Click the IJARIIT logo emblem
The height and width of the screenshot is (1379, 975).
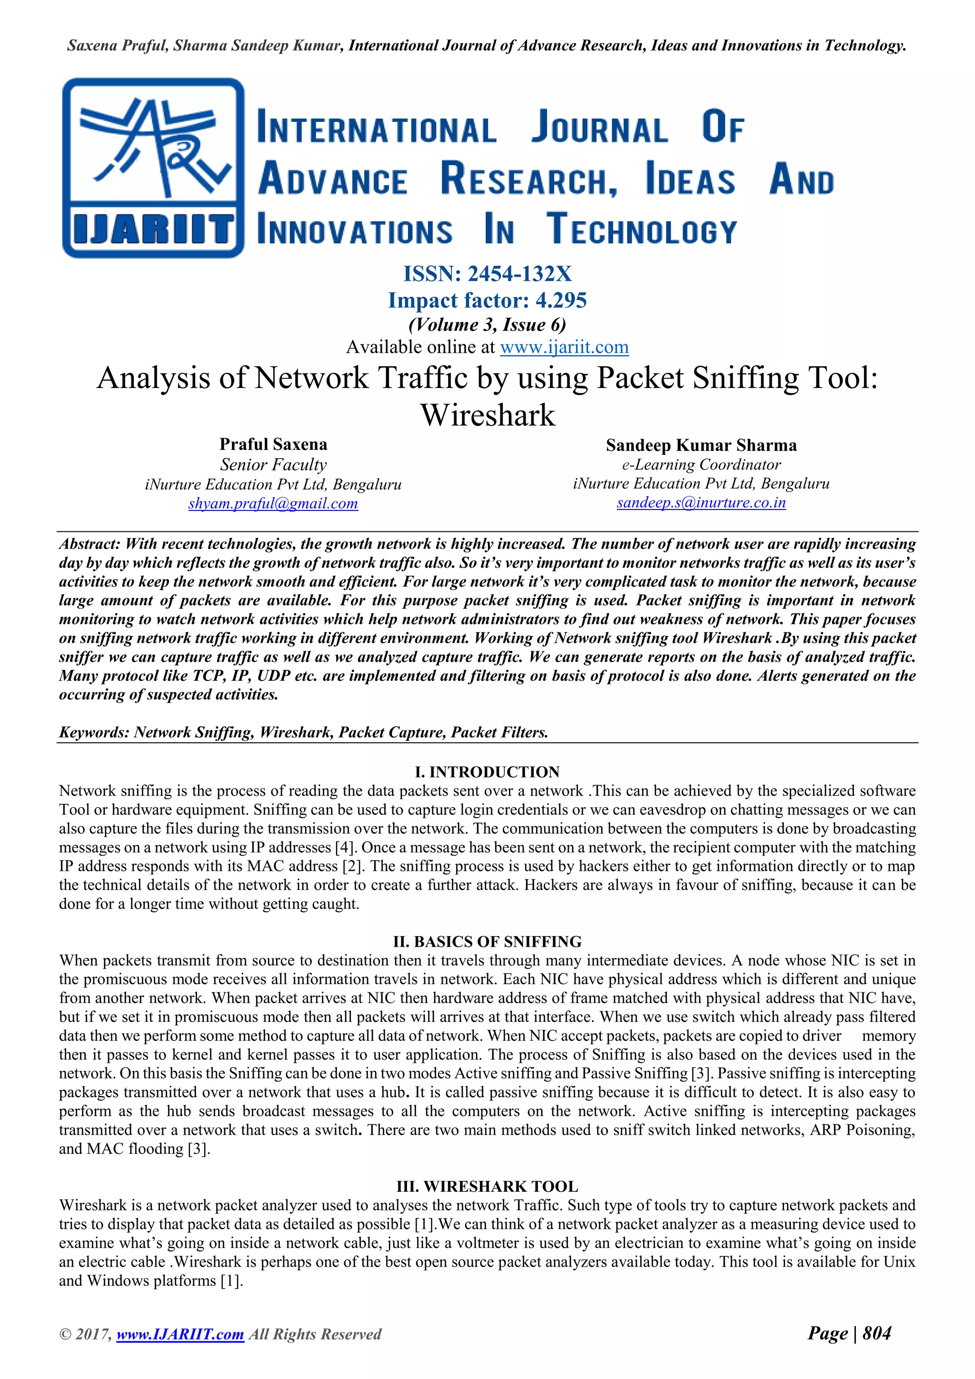pyautogui.click(x=153, y=168)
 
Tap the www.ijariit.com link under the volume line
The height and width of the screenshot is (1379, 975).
pyautogui.click(x=564, y=347)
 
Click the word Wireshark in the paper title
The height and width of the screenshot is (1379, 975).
pyautogui.click(x=487, y=415)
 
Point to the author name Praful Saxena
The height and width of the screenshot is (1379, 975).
pyautogui.click(x=273, y=444)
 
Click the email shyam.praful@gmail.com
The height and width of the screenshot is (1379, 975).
pyautogui.click(x=273, y=503)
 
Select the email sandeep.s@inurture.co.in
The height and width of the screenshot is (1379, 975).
pyautogui.click(x=701, y=503)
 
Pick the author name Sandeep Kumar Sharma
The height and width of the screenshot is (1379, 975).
pyautogui.click(x=701, y=445)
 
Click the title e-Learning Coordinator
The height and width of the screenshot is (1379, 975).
pyautogui.click(x=701, y=464)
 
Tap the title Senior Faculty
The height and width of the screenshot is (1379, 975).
pyautogui.click(x=273, y=464)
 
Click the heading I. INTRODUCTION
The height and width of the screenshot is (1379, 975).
pyautogui.click(x=487, y=772)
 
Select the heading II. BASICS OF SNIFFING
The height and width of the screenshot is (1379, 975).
pyautogui.click(x=487, y=942)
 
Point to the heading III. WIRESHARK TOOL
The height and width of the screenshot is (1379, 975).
pyautogui.click(x=487, y=1187)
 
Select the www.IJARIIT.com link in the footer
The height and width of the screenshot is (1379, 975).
pyautogui.click(x=180, y=1335)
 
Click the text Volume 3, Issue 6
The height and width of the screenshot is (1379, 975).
pyautogui.click(x=487, y=325)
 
